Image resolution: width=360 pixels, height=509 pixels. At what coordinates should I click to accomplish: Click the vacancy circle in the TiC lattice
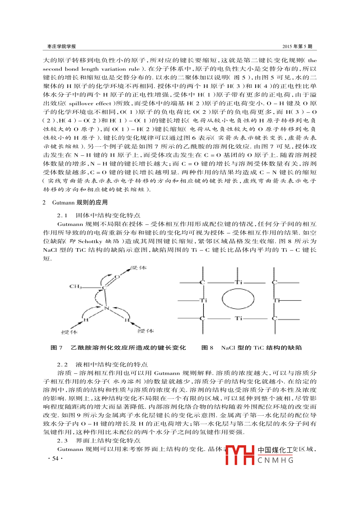(238, 299)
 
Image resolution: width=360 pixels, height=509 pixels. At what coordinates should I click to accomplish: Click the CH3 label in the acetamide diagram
(76, 286)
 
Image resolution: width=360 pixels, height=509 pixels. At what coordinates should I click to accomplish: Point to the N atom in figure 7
(106, 308)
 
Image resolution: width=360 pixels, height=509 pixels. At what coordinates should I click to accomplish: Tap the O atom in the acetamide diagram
(117, 277)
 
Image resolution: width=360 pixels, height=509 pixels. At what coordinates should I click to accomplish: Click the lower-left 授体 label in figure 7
(69, 332)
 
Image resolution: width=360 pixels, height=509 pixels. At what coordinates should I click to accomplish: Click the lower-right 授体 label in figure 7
(145, 331)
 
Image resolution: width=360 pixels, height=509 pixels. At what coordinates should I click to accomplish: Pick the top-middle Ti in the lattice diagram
(238, 282)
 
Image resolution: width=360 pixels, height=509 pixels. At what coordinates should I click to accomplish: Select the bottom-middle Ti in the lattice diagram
(238, 318)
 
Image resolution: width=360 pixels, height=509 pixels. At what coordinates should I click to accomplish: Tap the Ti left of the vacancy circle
(204, 300)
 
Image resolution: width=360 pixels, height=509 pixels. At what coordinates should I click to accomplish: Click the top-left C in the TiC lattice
(202, 282)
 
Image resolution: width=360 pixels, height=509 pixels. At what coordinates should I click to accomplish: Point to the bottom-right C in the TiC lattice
(274, 318)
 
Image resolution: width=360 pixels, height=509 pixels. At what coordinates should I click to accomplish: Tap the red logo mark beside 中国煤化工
(240, 455)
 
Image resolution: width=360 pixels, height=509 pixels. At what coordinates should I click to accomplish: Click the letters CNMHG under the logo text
(275, 460)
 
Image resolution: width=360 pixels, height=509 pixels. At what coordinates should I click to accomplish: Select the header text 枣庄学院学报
(61, 46)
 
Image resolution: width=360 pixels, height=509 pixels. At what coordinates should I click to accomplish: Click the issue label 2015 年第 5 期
(297, 46)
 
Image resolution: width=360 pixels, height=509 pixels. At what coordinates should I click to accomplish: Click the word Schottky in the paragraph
(90, 241)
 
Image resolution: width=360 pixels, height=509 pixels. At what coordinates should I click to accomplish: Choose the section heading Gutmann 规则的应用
(80, 202)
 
